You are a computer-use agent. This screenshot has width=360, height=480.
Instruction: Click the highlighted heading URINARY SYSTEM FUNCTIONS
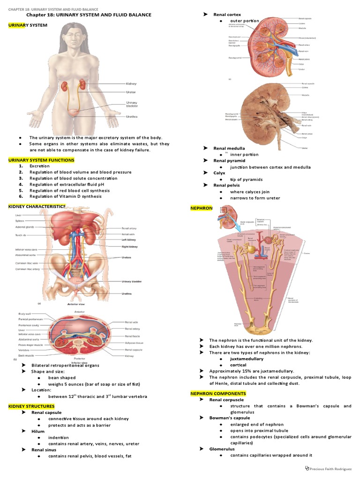tap(41, 160)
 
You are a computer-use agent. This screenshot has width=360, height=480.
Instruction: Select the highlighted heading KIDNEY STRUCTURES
tap(31, 406)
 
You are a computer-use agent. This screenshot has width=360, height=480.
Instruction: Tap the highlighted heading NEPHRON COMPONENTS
tap(218, 393)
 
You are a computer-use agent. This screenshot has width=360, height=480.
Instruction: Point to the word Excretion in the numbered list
tap(39, 166)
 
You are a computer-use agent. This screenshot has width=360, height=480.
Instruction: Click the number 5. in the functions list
tap(21, 190)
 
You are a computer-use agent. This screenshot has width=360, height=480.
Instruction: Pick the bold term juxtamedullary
tap(247, 359)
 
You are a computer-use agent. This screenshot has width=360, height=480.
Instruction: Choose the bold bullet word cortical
tap(238, 365)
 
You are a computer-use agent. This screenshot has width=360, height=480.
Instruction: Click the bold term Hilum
tap(38, 431)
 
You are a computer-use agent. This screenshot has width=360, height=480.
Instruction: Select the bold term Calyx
tap(220, 173)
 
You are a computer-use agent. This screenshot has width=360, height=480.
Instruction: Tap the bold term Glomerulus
tap(222, 449)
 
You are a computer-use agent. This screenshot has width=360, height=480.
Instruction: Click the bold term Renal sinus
tap(44, 450)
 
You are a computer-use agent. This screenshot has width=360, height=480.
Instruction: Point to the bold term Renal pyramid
tap(229, 160)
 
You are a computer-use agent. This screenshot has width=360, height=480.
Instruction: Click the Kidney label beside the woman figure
tap(131, 84)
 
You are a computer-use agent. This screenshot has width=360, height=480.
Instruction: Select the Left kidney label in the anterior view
tap(128, 240)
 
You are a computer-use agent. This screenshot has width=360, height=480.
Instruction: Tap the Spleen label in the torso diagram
tap(19, 221)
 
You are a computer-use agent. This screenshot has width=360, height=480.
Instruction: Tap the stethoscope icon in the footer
tap(307, 468)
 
